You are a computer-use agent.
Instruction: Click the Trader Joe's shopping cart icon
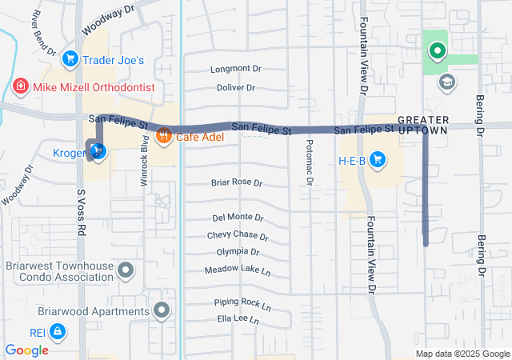tap(70, 59)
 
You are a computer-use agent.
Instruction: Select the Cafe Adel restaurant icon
tap(165, 135)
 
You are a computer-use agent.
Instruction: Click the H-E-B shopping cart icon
tap(377, 162)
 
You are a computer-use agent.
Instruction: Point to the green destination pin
tap(437, 53)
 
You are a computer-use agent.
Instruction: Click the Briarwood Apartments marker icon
tap(163, 310)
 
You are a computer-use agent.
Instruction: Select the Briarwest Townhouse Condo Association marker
tap(126, 271)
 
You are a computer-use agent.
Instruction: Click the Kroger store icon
tap(98, 151)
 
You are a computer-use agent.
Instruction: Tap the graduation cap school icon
tap(446, 82)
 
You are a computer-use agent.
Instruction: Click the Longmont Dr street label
tap(236, 70)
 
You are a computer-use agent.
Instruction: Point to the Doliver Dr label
tap(236, 87)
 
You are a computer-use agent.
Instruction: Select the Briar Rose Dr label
tap(236, 182)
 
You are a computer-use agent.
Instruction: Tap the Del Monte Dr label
tap(238, 218)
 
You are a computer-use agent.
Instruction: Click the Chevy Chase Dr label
tap(238, 236)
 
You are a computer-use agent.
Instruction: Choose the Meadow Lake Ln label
tap(238, 270)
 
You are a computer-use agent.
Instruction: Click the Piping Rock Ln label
tap(242, 304)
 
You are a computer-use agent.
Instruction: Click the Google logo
tap(27, 350)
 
